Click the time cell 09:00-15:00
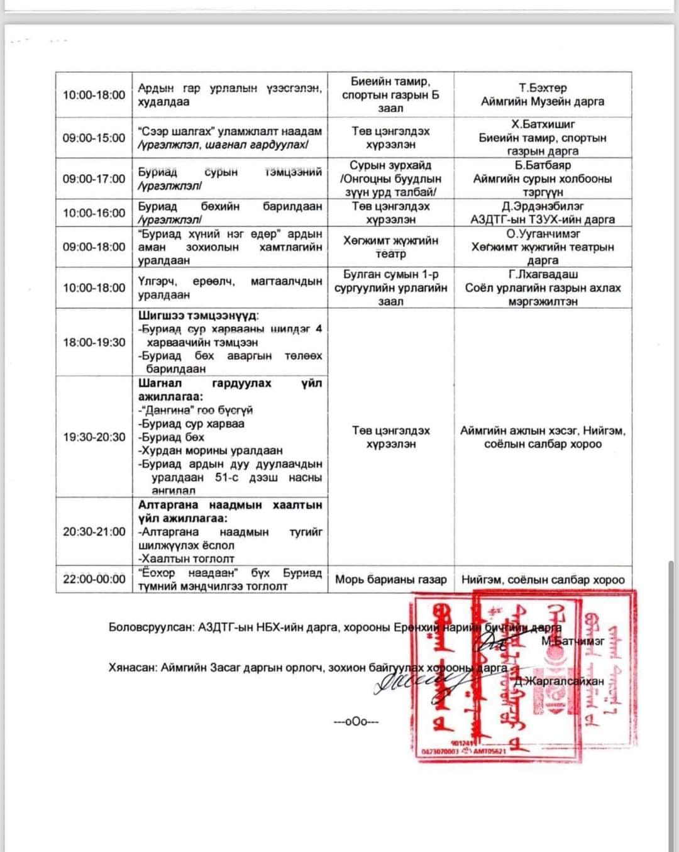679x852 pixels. [x=94, y=138]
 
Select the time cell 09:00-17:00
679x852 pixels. [x=94, y=179]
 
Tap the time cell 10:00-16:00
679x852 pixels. [x=94, y=213]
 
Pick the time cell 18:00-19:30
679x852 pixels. [x=94, y=342]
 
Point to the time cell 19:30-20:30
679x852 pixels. [x=94, y=437]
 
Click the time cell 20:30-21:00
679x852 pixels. [x=94, y=531]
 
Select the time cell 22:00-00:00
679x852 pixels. [x=94, y=579]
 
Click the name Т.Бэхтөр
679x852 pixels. [x=543, y=88]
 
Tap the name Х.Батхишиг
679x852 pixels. [x=543, y=124]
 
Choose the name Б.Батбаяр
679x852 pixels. [x=543, y=165]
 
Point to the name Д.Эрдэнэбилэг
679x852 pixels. [x=543, y=206]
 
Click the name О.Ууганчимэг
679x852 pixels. [x=543, y=234]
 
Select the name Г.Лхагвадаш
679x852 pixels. [x=543, y=274]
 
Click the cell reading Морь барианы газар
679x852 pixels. [x=390, y=579]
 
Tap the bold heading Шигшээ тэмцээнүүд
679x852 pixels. [x=198, y=316]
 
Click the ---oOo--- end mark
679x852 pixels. [x=356, y=721]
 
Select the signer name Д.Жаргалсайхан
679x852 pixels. [x=559, y=681]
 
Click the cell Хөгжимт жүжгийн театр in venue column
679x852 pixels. [x=390, y=247]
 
